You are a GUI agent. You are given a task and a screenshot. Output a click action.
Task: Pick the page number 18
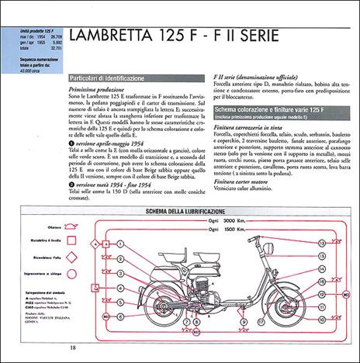pos(72,348)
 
